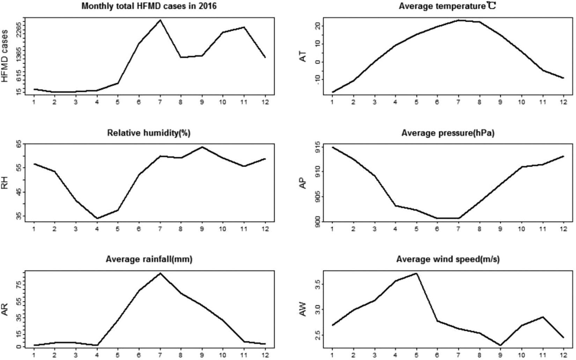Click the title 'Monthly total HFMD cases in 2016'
click(149, 6)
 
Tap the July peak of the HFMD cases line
click(160, 20)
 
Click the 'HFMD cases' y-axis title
click(5, 56)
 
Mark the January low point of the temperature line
click(333, 92)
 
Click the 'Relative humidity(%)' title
click(149, 133)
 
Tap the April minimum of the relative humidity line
click(97, 218)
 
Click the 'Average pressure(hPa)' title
click(448, 133)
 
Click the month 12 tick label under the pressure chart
click(563, 229)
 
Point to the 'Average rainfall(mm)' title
click(149, 259)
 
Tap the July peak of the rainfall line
click(160, 273)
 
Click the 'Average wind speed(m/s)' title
click(448, 259)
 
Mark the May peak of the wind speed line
click(416, 273)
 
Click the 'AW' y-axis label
click(303, 309)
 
